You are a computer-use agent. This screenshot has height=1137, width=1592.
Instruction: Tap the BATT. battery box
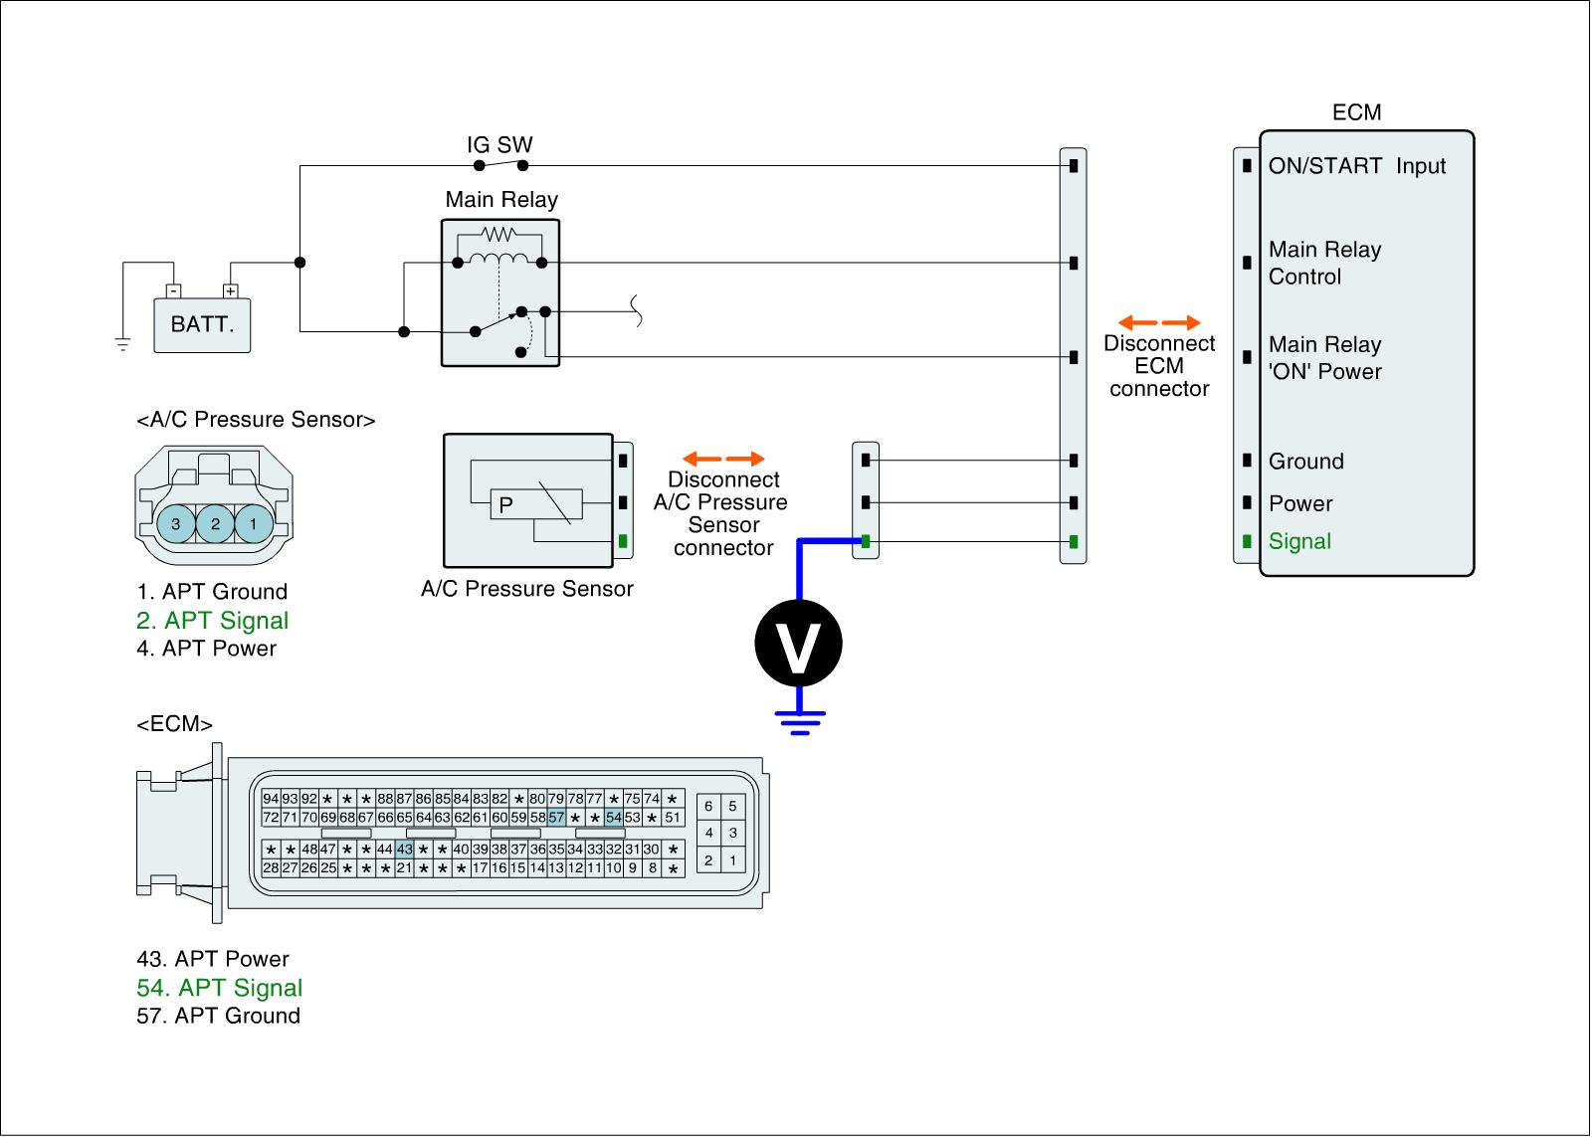pos(202,324)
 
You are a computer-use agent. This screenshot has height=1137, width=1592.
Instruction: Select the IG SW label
pos(499,145)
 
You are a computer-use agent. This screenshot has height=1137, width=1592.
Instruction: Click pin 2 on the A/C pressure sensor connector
pos(215,523)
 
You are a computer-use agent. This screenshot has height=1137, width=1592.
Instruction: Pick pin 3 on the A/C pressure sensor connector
pos(176,523)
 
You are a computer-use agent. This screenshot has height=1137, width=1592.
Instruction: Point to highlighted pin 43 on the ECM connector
pos(404,850)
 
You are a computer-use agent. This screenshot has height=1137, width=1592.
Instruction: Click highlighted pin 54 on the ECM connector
pos(614,818)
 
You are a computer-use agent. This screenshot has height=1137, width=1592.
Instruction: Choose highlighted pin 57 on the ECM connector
pos(556,818)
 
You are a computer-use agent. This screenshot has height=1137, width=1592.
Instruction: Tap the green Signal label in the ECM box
pos(1299,541)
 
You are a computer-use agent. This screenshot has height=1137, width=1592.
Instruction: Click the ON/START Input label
pos(1356,166)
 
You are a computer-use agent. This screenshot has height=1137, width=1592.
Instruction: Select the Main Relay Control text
pos(1324,263)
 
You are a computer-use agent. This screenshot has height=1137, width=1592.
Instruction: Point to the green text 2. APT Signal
pos(213,621)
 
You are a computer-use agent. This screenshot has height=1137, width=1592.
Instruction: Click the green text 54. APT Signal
pos(220,988)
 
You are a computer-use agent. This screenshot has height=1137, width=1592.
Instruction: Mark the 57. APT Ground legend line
pos(219,1016)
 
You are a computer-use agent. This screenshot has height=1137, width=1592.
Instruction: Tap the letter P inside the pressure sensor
pos(505,505)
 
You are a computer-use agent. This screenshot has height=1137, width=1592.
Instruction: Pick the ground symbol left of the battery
pos(123,345)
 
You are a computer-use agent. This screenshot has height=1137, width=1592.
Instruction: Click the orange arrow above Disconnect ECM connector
pos(1159,322)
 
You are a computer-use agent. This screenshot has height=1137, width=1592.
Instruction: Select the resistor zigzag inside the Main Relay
pos(497,235)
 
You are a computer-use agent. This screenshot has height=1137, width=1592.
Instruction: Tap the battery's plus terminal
pos(231,291)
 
